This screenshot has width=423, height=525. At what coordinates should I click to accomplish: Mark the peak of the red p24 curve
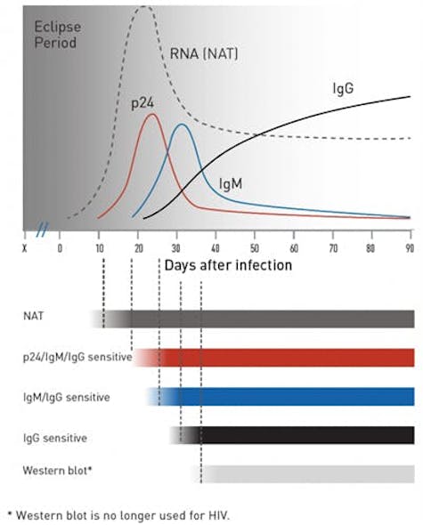pos(152,114)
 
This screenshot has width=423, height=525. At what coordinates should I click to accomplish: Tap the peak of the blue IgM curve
pos(182,124)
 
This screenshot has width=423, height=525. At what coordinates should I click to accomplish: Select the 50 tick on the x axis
pos(255,247)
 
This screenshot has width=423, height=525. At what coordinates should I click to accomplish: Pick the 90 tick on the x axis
pos(409,247)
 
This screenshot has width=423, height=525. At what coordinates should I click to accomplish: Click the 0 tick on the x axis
pos(60,247)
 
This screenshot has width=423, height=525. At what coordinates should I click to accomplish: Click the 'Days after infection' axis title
pos(227,265)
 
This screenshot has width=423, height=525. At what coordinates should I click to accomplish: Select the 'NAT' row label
pos(33,316)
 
